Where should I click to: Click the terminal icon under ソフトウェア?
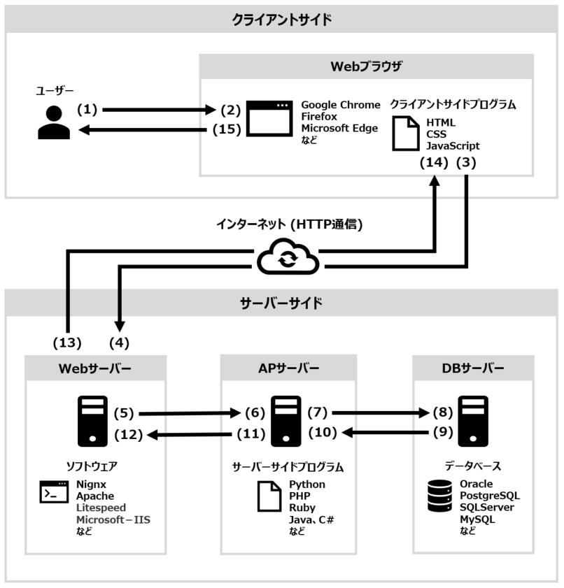[54, 493]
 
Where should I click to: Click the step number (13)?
[67, 343]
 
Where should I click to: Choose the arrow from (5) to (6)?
[189, 413]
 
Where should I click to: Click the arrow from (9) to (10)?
[386, 433]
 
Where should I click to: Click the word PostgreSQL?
[489, 496]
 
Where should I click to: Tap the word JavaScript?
[453, 146]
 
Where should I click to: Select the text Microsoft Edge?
[339, 127]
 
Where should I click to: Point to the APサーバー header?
[288, 368]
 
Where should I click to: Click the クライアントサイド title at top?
[281, 20]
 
